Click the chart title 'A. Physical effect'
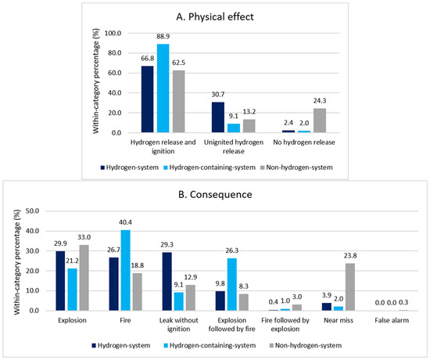tap(215, 16)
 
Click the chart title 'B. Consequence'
tap(215, 194)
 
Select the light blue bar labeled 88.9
tap(163, 88)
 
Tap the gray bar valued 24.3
tap(320, 121)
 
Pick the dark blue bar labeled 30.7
tap(218, 117)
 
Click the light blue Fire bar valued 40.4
tap(125, 270)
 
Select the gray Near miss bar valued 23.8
tap(350, 287)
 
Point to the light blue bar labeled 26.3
tap(232, 285)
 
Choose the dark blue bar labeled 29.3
tap(167, 282)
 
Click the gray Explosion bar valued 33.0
tap(84, 278)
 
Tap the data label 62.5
tap(178, 63)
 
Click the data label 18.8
tap(138, 265)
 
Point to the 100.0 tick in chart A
tap(113, 33)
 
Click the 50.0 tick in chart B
tap(32, 211)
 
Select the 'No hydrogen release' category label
tap(304, 142)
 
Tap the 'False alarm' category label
tap(392, 320)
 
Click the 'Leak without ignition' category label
tap(178, 325)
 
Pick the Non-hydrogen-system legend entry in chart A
tap(296, 167)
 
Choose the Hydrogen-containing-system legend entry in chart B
tap(210, 345)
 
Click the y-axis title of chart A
tap(95, 81)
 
